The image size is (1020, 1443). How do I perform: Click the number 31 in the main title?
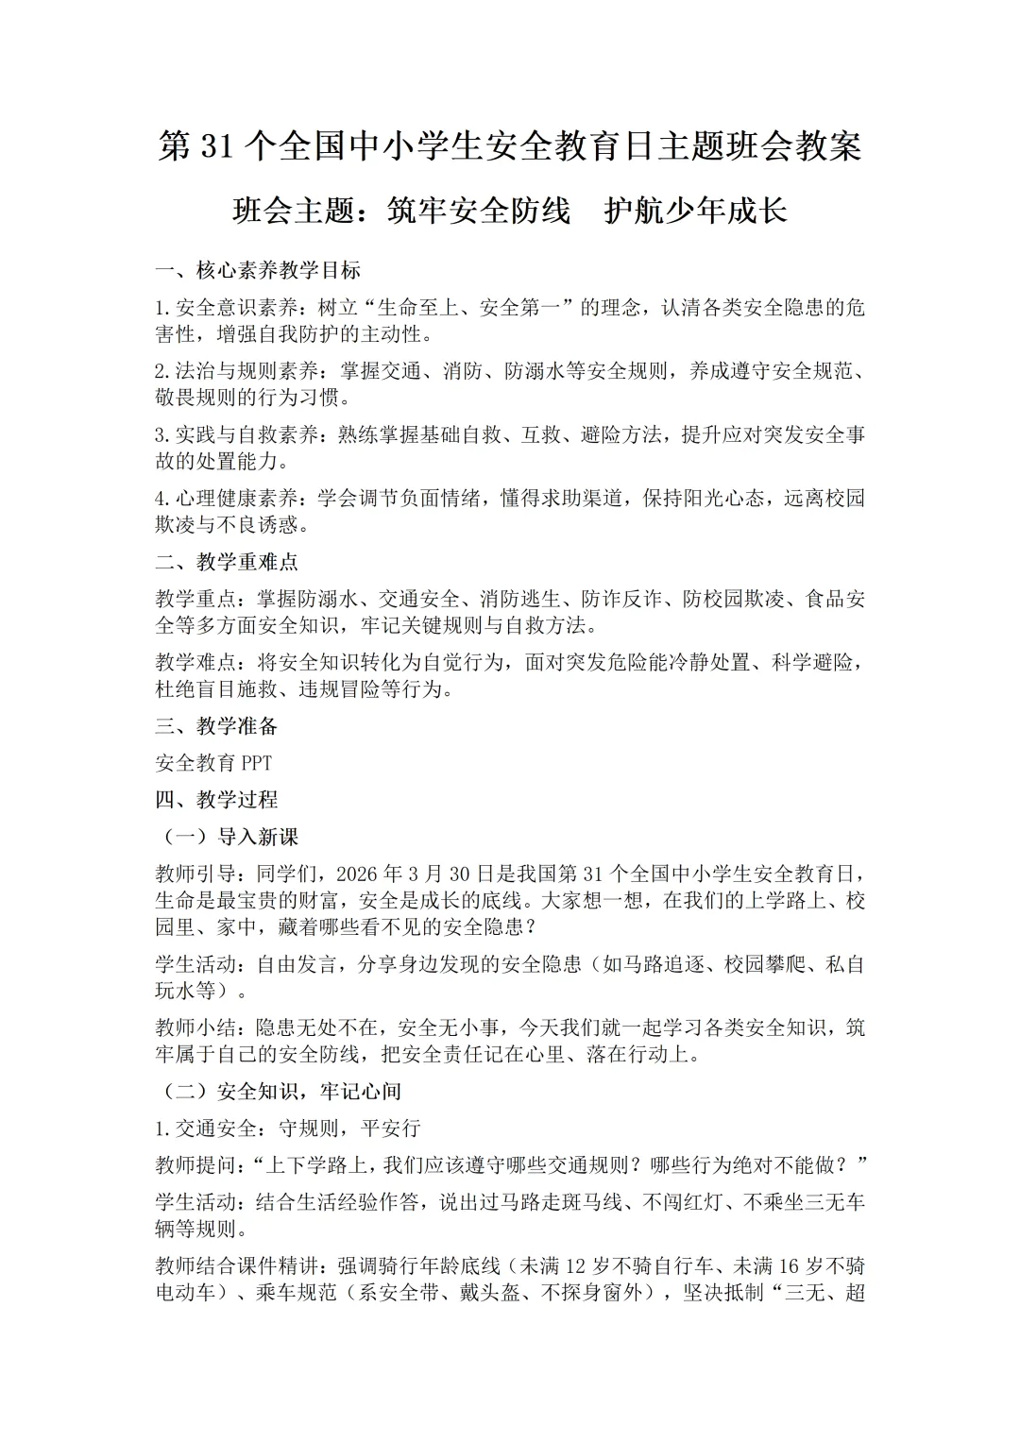(215, 147)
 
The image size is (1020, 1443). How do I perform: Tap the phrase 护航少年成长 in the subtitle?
(695, 211)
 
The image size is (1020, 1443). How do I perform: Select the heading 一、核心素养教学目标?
(258, 270)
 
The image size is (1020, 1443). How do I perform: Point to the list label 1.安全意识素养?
(226, 308)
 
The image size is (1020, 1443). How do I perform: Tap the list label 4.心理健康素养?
(226, 499)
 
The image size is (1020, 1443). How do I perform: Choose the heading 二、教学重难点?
(227, 562)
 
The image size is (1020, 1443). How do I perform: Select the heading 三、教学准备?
(216, 726)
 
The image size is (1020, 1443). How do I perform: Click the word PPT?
(256, 763)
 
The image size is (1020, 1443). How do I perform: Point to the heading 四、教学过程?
(216, 800)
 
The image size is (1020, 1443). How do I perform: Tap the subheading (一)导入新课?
(227, 837)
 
